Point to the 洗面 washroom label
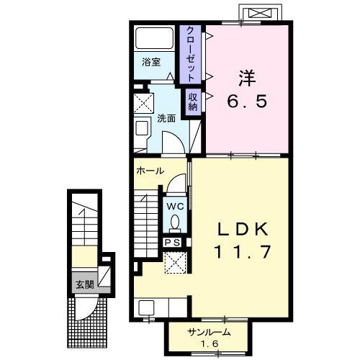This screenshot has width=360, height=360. coord(166,118)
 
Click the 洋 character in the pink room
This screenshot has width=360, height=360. coord(248,74)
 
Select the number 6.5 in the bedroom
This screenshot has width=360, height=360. coord(248,101)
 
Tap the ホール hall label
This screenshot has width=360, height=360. coord(150,171)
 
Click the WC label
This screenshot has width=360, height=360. coord(176,206)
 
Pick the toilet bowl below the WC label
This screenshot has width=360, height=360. coord(176,223)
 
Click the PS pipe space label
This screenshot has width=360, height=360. coord(173,243)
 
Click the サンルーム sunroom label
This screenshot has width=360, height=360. coord(209,333)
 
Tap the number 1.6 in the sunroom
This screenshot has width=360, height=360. coord(209,345)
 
